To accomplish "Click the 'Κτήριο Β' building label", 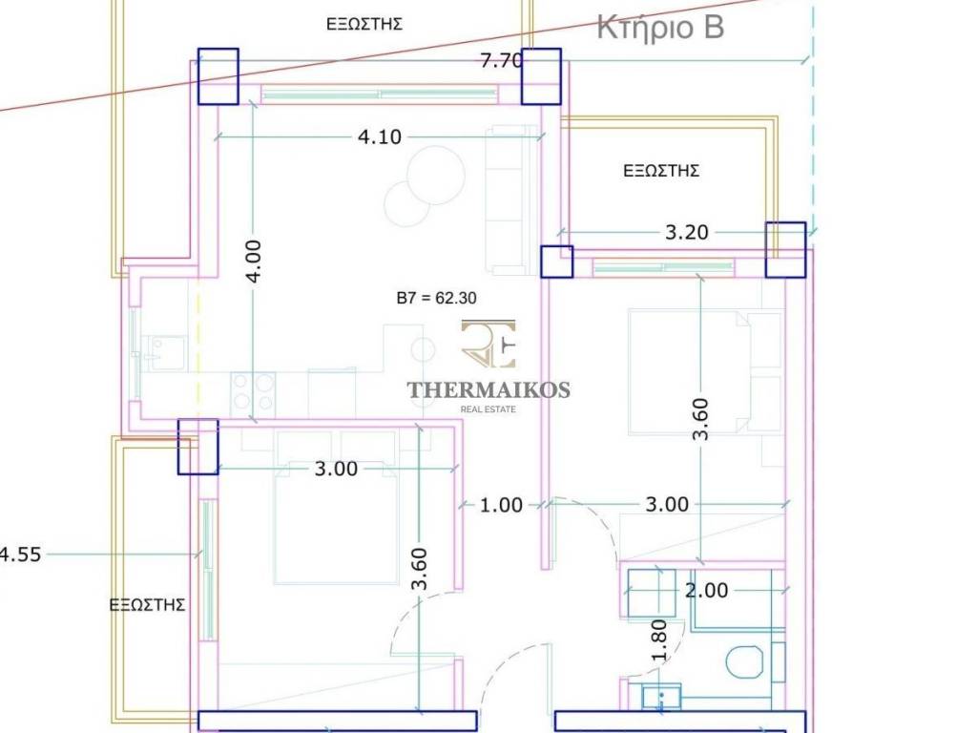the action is pyautogui.click(x=660, y=28).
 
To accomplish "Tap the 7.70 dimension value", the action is pyautogui.click(x=501, y=61).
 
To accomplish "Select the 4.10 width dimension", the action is pyautogui.click(x=380, y=136).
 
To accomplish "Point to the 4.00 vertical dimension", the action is pyautogui.click(x=254, y=261).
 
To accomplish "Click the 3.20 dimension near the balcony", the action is pyautogui.click(x=687, y=232).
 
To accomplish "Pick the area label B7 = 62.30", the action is pyautogui.click(x=437, y=298).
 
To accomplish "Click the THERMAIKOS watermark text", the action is pyautogui.click(x=488, y=390).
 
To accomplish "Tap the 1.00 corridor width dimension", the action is pyautogui.click(x=501, y=504).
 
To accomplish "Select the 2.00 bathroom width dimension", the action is pyautogui.click(x=706, y=590).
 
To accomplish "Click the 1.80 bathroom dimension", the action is pyautogui.click(x=658, y=639).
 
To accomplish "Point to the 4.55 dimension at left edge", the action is pyautogui.click(x=20, y=554).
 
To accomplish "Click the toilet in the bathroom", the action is pyautogui.click(x=744, y=661).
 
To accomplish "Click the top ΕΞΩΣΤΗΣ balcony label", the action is pyautogui.click(x=364, y=24).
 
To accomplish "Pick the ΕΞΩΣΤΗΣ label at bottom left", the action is pyautogui.click(x=147, y=604).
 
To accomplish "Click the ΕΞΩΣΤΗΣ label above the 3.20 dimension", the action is pyautogui.click(x=661, y=170).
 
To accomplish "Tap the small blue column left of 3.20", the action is pyautogui.click(x=556, y=262).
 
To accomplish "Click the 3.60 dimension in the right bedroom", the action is pyautogui.click(x=701, y=419).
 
